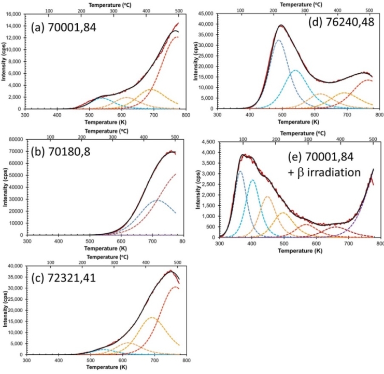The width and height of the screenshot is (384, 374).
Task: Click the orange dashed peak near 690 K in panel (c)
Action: (x=152, y=317)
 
